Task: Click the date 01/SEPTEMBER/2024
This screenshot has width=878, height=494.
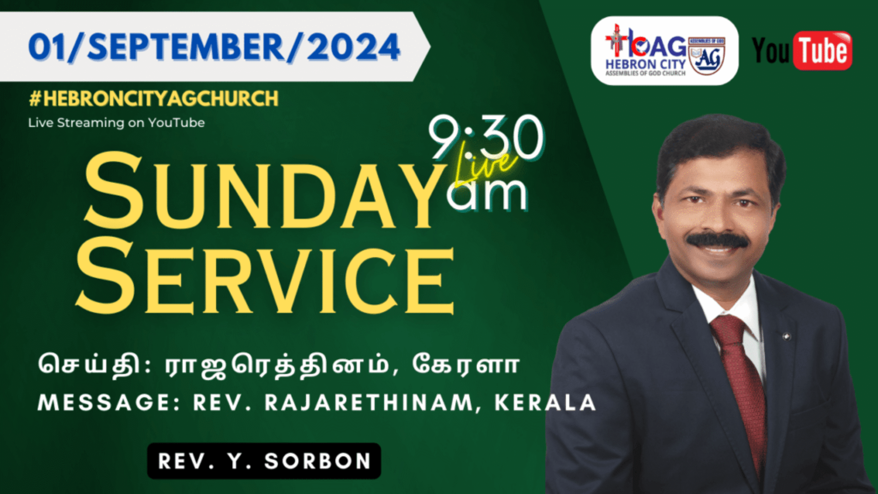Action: pyautogui.click(x=214, y=47)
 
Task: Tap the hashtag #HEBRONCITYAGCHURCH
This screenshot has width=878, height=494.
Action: pyautogui.click(x=154, y=99)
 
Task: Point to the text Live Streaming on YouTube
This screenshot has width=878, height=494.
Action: pyautogui.click(x=117, y=123)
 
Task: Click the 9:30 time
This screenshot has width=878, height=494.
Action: pyautogui.click(x=486, y=137)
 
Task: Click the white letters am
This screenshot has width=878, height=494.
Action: pyautogui.click(x=487, y=194)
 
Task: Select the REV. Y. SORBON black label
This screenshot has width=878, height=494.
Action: pyautogui.click(x=264, y=461)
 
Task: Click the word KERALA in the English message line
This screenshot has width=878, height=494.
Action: pyautogui.click(x=545, y=403)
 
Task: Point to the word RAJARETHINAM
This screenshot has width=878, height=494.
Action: pyautogui.click(x=369, y=403)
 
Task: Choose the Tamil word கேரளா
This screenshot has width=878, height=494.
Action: pyautogui.click(x=466, y=365)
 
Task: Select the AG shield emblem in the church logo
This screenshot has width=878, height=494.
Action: pyautogui.click(x=707, y=56)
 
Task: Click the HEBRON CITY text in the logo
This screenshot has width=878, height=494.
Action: pyautogui.click(x=645, y=64)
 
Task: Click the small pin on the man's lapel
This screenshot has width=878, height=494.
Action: pyautogui.click(x=787, y=337)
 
